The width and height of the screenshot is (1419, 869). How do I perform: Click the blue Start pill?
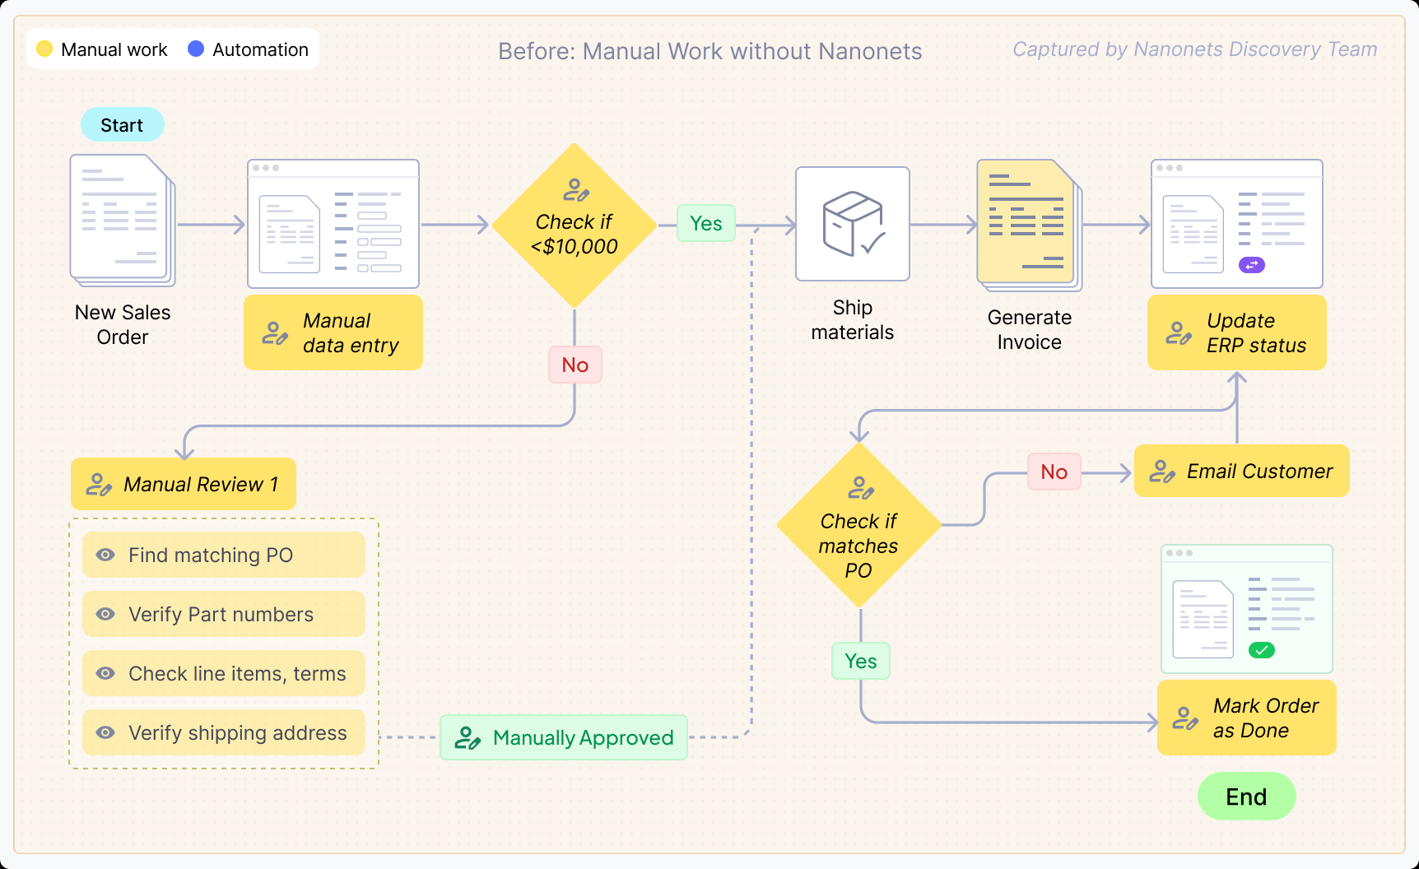[122, 125]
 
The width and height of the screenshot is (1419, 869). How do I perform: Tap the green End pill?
[1246, 797]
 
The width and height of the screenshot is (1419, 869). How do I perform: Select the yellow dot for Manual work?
[44, 49]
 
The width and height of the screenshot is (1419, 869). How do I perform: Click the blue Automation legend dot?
[196, 49]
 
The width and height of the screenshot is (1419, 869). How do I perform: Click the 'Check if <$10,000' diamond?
[575, 226]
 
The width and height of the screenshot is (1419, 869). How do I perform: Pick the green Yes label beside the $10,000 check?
[705, 223]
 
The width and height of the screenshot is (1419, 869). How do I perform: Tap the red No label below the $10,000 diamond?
[575, 365]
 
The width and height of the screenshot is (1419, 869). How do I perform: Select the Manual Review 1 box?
[183, 484]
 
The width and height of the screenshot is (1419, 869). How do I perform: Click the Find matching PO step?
[223, 555]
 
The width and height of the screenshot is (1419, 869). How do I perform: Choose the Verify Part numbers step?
[223, 614]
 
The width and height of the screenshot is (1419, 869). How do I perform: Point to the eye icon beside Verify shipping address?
[105, 732]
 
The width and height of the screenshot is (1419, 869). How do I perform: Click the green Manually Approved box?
[564, 737]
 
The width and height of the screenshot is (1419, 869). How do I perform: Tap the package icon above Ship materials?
[853, 224]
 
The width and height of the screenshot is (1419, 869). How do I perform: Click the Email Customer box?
[1241, 471]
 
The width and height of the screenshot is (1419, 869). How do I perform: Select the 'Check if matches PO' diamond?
[858, 527]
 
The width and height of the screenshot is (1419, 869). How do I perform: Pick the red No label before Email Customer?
[1054, 472]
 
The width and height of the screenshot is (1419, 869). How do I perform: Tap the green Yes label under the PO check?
[860, 661]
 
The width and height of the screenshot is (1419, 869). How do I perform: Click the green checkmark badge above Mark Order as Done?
[1261, 650]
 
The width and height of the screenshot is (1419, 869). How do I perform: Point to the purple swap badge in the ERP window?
[1251, 265]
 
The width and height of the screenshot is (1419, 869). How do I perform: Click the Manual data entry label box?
[333, 332]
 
